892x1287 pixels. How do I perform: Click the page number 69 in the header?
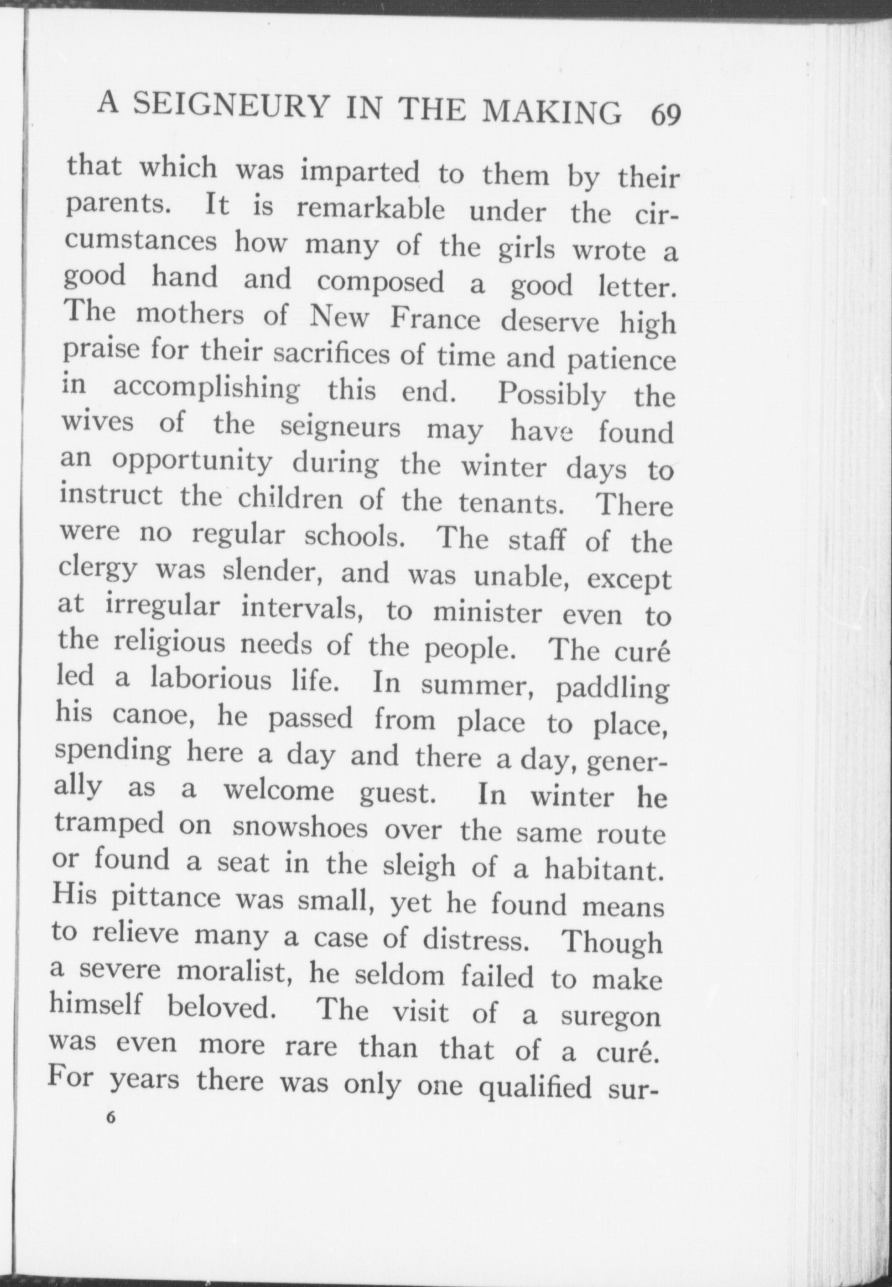(x=665, y=115)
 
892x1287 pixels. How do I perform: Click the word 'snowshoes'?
(x=300, y=827)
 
